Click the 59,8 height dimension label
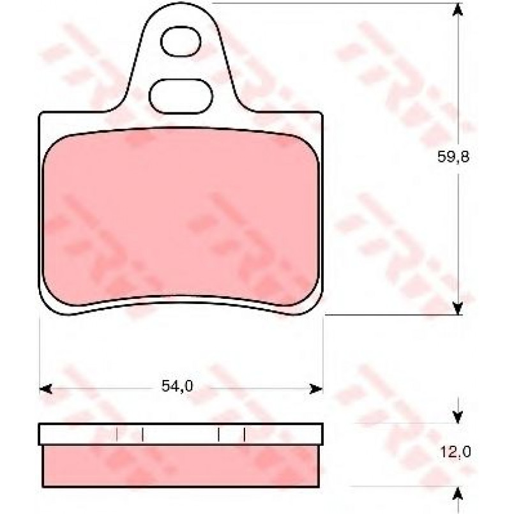(453, 157)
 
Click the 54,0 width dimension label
(178, 386)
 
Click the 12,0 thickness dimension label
(455, 452)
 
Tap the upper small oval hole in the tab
(181, 42)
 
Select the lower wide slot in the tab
(181, 96)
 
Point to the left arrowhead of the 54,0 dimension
(45, 389)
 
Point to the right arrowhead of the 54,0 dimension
(317, 389)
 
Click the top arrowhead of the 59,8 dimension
(458, 10)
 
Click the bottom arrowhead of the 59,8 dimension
(458, 309)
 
